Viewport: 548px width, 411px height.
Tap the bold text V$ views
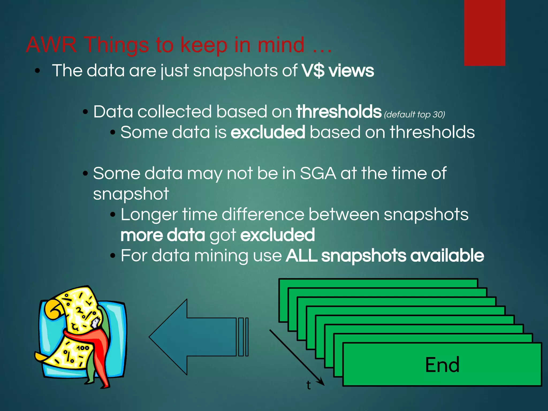(338, 71)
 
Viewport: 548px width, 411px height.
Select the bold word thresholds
(338, 112)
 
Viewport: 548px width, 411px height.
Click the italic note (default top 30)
(414, 115)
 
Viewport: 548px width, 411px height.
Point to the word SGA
(318, 173)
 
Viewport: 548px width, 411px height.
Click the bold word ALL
(301, 256)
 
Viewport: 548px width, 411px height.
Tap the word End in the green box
(442, 365)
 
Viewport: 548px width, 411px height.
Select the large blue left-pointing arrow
(198, 337)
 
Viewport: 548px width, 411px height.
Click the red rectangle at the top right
(484, 32)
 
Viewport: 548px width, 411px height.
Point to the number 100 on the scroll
(83, 348)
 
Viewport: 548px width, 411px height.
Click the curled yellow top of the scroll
(55, 309)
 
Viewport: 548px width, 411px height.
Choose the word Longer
(149, 215)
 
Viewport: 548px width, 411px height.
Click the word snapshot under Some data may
(131, 194)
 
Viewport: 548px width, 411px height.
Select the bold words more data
(163, 235)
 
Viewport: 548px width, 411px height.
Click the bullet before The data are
(37, 71)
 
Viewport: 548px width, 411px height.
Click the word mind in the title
(281, 45)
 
